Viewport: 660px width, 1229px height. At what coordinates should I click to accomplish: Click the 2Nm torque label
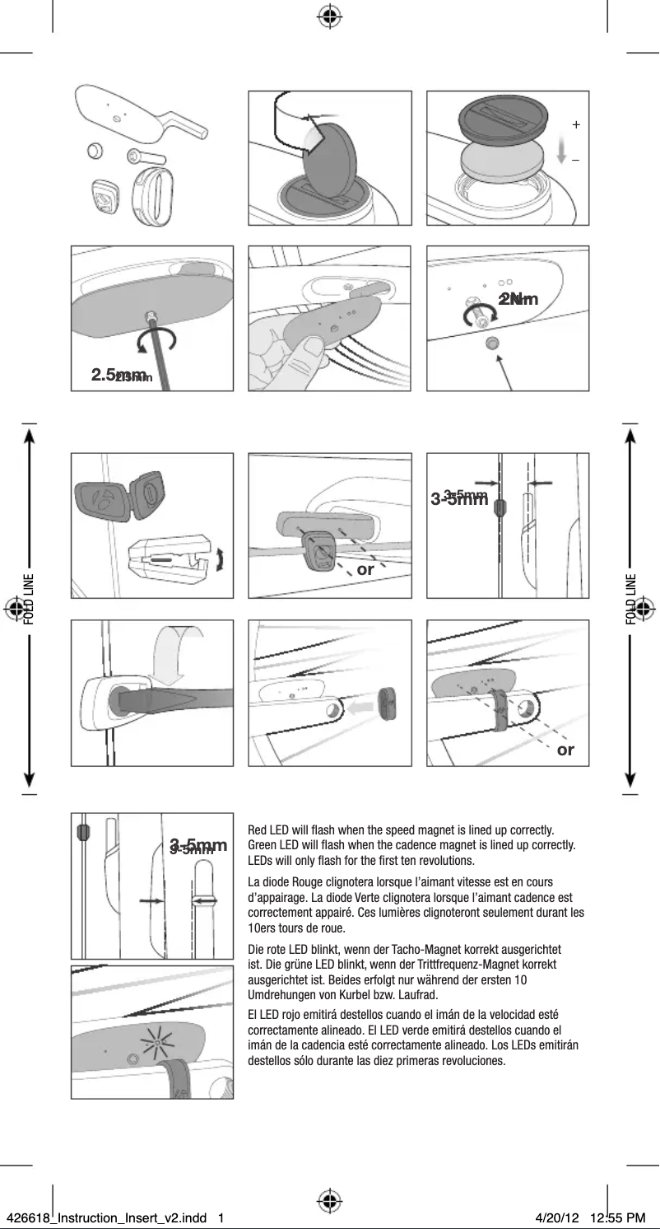click(x=518, y=298)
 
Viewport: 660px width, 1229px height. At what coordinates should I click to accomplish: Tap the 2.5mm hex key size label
click(x=121, y=376)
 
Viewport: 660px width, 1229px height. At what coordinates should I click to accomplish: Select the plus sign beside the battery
click(x=576, y=125)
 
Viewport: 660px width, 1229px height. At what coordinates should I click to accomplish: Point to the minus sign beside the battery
click(x=576, y=160)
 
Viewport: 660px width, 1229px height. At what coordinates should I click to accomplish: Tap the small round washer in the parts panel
click(x=95, y=151)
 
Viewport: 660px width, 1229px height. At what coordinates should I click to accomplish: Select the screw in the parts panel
click(x=144, y=157)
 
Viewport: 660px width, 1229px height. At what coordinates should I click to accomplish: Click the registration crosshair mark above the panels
click(x=329, y=16)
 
